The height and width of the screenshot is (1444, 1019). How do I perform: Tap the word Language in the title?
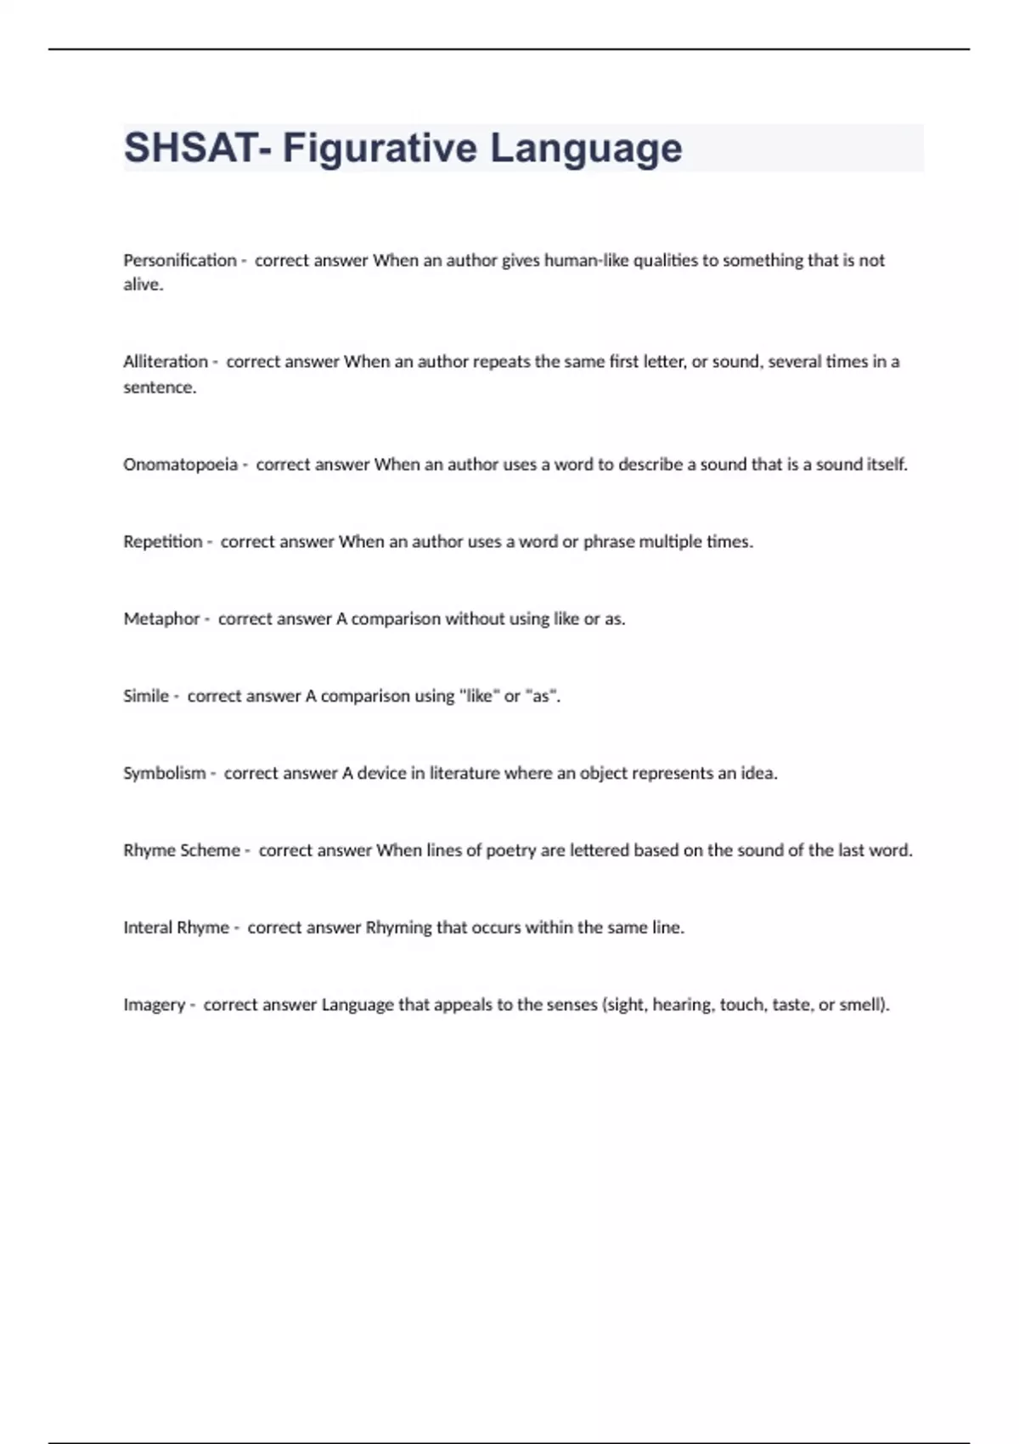point(585,148)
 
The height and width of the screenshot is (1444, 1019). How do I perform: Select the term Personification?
point(179,260)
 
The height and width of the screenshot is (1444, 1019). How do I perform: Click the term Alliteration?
point(165,362)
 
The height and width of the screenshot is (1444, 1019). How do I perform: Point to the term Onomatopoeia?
point(180,465)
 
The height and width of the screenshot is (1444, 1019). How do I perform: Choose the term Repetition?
point(162,542)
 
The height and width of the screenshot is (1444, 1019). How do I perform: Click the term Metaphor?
point(161,619)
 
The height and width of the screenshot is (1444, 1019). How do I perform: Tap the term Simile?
point(145,697)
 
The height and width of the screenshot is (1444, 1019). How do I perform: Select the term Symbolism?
point(164,774)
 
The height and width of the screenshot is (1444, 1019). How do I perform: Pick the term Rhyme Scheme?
point(181,850)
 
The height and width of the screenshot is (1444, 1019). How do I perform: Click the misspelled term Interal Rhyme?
point(176,928)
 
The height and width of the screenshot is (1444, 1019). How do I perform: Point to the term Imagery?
point(154,1005)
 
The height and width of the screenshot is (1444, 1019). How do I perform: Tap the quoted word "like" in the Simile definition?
point(478,697)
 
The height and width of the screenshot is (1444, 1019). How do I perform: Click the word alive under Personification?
point(142,285)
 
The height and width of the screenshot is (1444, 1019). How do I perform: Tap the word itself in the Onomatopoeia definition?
point(886,465)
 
